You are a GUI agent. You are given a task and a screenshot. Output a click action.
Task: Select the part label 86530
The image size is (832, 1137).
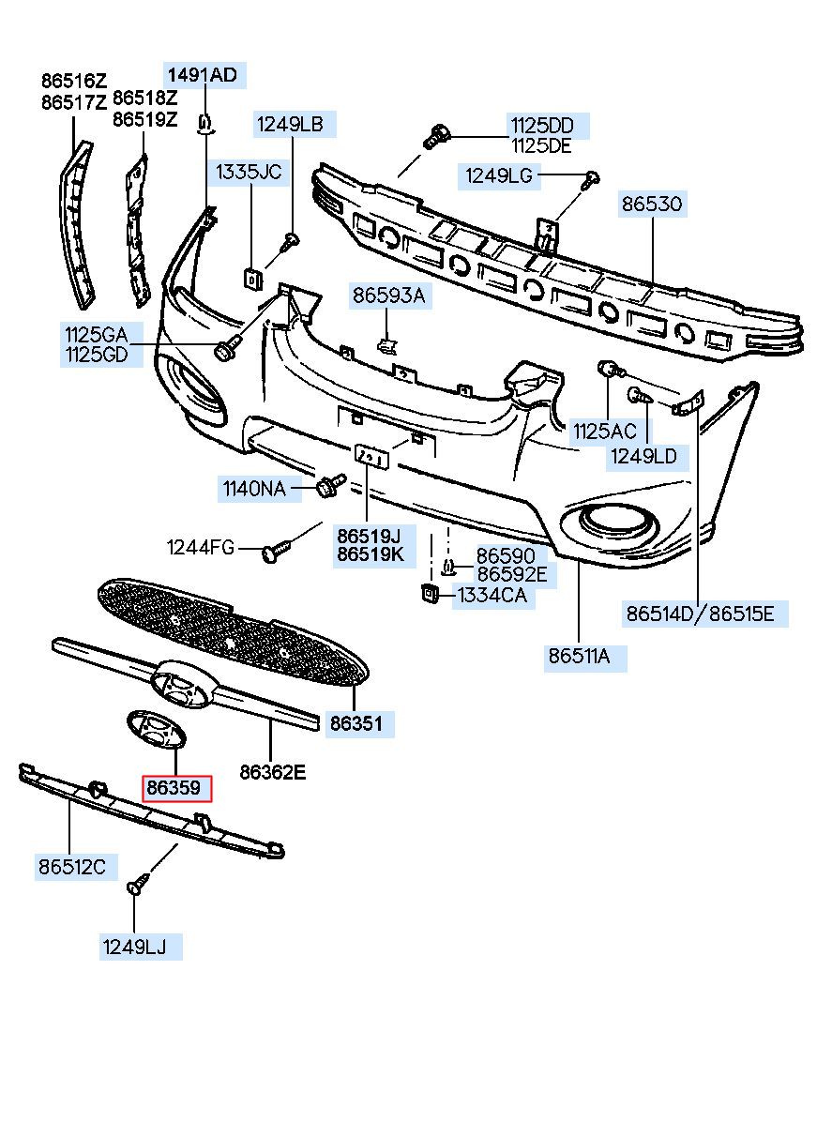pyautogui.click(x=652, y=205)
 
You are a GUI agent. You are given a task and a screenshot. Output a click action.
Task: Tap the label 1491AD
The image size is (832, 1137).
pyautogui.click(x=203, y=75)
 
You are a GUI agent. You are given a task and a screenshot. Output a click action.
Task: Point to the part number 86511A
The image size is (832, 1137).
pyautogui.click(x=579, y=657)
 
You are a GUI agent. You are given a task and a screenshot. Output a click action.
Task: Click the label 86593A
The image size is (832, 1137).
pyautogui.click(x=389, y=296)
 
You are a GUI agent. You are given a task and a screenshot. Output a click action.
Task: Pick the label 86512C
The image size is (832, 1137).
pyautogui.click(x=72, y=867)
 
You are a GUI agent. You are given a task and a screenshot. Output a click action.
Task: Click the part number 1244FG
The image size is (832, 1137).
pyautogui.click(x=201, y=547)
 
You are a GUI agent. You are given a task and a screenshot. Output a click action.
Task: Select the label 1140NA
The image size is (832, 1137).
pyautogui.click(x=254, y=489)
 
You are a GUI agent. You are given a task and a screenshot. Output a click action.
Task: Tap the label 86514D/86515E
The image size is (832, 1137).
pyautogui.click(x=700, y=614)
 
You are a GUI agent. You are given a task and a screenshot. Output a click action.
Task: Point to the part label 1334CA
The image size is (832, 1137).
pyautogui.click(x=492, y=595)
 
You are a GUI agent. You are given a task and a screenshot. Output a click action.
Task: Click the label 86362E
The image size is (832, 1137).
pyautogui.click(x=273, y=772)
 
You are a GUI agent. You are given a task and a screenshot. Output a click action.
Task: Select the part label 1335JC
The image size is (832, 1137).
pyautogui.click(x=249, y=172)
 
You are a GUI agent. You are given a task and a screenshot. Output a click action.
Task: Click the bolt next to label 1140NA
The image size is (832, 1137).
pyautogui.click(x=330, y=485)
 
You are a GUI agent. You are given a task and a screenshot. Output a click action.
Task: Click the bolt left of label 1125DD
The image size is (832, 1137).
pyautogui.click(x=436, y=138)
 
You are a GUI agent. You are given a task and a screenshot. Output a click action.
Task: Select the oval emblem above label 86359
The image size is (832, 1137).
pyautogui.click(x=157, y=730)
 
